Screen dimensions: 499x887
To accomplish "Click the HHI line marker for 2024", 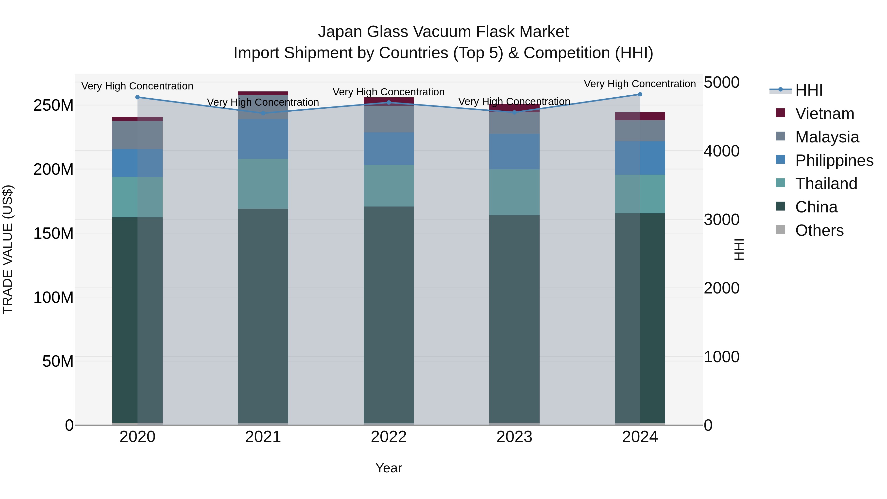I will coord(640,94).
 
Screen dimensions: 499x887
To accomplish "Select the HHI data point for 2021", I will coord(263,113).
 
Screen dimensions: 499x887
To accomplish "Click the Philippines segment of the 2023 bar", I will coord(514,152).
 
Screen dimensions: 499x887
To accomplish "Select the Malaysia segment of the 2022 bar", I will coord(389,119).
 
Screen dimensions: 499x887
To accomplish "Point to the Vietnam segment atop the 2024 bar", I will coord(640,116).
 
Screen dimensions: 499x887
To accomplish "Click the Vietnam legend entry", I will coord(824,114).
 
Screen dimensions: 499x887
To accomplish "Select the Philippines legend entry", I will coord(834,160).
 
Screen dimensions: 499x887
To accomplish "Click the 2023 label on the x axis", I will coord(514,437).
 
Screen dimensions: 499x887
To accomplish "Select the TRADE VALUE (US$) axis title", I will coord(8,249).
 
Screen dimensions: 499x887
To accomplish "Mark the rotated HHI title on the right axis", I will coord(739,249).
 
